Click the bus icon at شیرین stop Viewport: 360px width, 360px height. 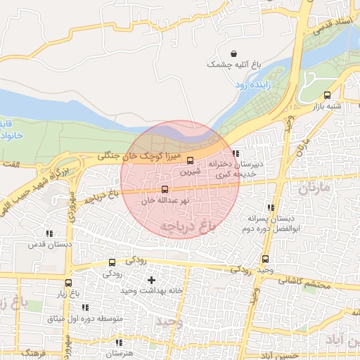click(190, 160)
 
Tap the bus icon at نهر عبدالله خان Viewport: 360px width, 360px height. click(165, 189)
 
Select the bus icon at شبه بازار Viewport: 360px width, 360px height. click(327, 96)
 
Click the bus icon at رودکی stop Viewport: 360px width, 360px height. click(112, 263)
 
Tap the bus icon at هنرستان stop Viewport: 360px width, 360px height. click(109, 344)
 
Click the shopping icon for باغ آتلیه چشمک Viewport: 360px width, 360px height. click(233, 53)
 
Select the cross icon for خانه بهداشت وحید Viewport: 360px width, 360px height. click(151, 281)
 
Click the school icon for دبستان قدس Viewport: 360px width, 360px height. click(49, 233)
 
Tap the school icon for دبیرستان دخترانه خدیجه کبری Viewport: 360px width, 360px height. click(236, 153)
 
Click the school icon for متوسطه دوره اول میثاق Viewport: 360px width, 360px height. click(85, 308)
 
